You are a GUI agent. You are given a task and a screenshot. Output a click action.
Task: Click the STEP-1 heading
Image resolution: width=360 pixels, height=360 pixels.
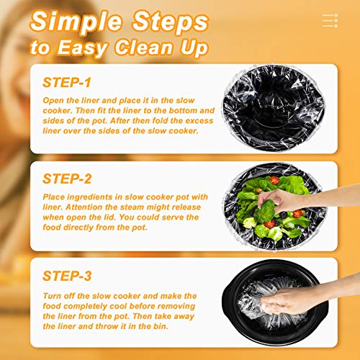point(68,83)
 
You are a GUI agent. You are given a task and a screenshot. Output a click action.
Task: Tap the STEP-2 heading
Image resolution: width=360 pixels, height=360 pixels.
point(70,177)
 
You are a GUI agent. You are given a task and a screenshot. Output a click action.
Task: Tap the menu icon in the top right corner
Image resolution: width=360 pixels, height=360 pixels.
point(330,21)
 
